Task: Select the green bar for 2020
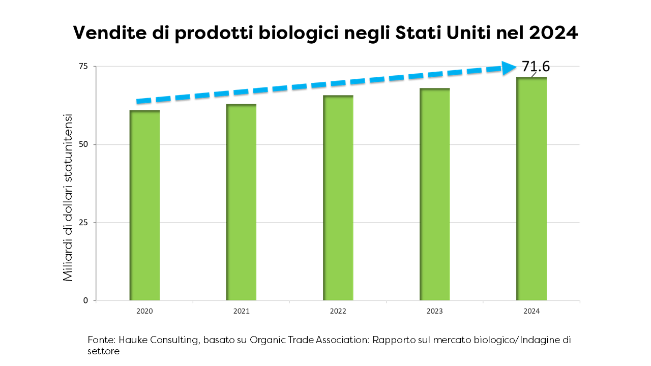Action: pos(145,205)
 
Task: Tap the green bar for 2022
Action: pos(338,198)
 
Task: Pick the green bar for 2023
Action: pos(435,194)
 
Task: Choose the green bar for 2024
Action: pos(531,189)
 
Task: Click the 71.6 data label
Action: pos(536,67)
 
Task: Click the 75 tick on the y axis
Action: pos(83,66)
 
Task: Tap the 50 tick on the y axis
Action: pos(83,144)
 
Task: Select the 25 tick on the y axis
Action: pos(83,222)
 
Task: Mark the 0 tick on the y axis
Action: pos(86,300)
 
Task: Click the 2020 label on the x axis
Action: pos(144,311)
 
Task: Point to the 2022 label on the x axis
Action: pos(338,311)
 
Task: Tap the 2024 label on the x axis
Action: pos(531,311)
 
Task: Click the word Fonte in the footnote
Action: pos(100,340)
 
